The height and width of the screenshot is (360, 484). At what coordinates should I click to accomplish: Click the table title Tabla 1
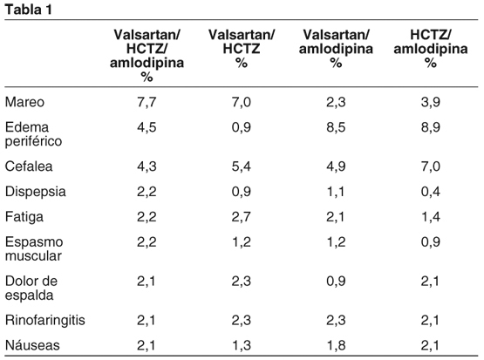(29, 10)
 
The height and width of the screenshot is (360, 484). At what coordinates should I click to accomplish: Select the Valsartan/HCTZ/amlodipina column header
(147, 56)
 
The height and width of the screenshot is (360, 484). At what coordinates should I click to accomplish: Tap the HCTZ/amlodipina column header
(431, 49)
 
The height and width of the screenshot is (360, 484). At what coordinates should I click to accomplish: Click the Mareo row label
(24, 102)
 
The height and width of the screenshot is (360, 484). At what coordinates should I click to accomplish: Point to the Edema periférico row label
(34, 134)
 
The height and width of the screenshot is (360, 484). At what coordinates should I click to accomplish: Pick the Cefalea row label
(29, 166)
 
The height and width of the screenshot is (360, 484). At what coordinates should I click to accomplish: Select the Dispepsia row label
(36, 192)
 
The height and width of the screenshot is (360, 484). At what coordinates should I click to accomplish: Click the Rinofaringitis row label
(45, 320)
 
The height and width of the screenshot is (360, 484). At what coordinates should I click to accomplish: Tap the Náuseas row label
(32, 345)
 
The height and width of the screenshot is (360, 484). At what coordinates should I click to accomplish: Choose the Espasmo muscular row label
(34, 249)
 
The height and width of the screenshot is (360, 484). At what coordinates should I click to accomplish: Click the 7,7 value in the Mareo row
(147, 102)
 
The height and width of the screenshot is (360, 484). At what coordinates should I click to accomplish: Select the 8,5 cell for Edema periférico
(336, 127)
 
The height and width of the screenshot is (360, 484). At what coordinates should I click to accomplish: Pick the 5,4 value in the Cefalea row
(242, 166)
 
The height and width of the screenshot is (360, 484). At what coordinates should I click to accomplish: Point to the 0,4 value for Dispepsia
(431, 192)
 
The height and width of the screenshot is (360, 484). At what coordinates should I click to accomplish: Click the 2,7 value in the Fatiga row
(242, 217)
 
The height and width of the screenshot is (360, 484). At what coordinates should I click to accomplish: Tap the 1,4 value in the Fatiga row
(431, 217)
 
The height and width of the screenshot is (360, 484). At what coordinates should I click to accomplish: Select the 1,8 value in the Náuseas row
(336, 345)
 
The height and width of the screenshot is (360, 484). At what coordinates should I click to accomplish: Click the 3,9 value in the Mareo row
(431, 102)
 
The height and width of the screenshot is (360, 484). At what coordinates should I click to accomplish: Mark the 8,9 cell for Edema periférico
(431, 127)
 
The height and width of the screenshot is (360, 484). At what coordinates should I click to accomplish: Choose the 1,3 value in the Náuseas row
(242, 345)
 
